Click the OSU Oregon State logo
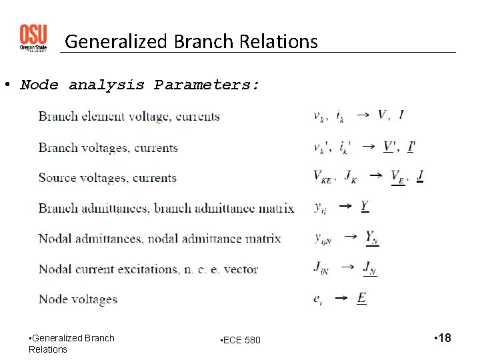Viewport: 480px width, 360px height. pyautogui.click(x=33, y=38)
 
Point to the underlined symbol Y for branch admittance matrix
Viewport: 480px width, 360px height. pyautogui.click(x=365, y=206)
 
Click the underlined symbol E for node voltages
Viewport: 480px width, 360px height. pyautogui.click(x=361, y=298)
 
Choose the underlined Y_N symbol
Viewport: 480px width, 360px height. pyautogui.click(x=372, y=238)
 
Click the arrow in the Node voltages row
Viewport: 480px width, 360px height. pyautogui.click(x=341, y=298)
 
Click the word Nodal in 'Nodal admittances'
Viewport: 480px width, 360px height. pyautogui.click(x=55, y=239)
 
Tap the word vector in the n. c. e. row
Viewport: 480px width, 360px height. pyautogui.click(x=241, y=269)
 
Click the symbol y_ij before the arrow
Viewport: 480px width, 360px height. pyautogui.click(x=321, y=207)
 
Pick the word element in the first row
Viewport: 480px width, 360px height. pyautogui.click(x=101, y=117)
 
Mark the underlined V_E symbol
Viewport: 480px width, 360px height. pyautogui.click(x=398, y=177)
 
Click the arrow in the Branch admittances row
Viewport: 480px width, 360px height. pyautogui.click(x=345, y=207)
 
